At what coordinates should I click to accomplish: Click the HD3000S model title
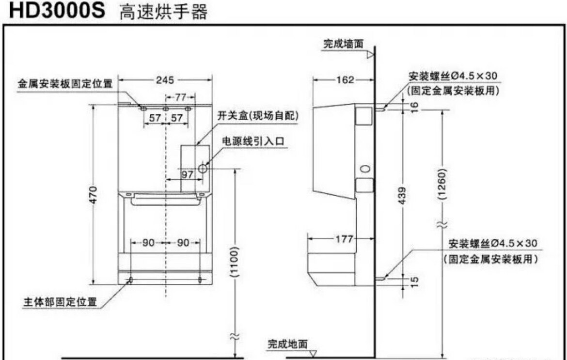tap(57, 11)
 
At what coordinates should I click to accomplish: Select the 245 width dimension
tap(165, 80)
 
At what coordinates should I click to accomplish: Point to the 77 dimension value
tap(180, 97)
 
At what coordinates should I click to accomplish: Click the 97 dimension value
tap(188, 174)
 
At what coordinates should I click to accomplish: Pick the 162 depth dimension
tap(345, 80)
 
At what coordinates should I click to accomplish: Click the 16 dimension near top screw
tap(415, 105)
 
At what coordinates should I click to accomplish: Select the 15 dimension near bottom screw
tap(415, 280)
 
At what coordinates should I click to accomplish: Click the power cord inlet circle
tap(203, 168)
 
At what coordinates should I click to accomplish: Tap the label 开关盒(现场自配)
tap(257, 116)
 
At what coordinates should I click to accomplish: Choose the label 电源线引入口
tap(253, 141)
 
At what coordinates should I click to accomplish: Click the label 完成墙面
tap(343, 44)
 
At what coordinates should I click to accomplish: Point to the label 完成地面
tap(287, 344)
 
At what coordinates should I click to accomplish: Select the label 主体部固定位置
tap(60, 301)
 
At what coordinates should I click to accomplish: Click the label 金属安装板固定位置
tap(65, 84)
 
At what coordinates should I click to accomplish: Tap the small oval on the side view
tap(366, 169)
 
